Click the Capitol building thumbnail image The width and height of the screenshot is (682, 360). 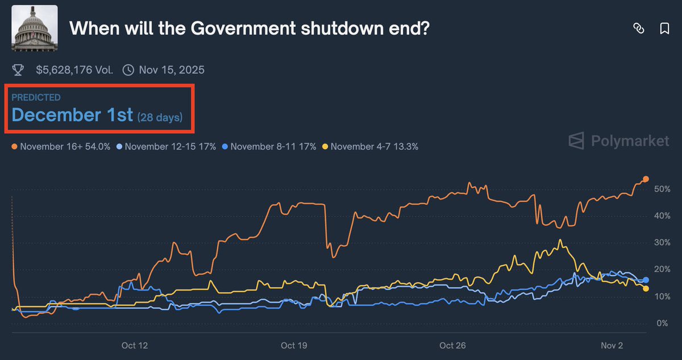[34, 28]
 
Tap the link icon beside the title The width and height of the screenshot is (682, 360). [638, 29]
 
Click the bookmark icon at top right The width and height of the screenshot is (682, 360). [664, 29]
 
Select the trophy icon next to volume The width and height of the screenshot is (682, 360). [18, 71]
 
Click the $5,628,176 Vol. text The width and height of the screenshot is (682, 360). [74, 71]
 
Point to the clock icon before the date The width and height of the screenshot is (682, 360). [129, 71]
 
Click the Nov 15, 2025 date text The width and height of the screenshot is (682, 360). [171, 71]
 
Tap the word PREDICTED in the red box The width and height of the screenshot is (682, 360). [36, 98]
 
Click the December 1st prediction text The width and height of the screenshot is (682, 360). [72, 115]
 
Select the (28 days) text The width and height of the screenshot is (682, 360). [160, 117]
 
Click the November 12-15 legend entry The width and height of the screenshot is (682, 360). [166, 146]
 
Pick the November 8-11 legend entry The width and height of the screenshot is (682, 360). [270, 146]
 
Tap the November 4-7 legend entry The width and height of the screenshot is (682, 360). [371, 146]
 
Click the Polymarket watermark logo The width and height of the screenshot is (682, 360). [619, 141]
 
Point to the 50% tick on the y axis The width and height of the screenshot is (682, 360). [663, 189]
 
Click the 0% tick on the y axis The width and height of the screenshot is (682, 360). [663, 323]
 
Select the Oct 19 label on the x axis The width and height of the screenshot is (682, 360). [294, 345]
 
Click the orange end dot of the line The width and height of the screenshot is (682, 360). [646, 180]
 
